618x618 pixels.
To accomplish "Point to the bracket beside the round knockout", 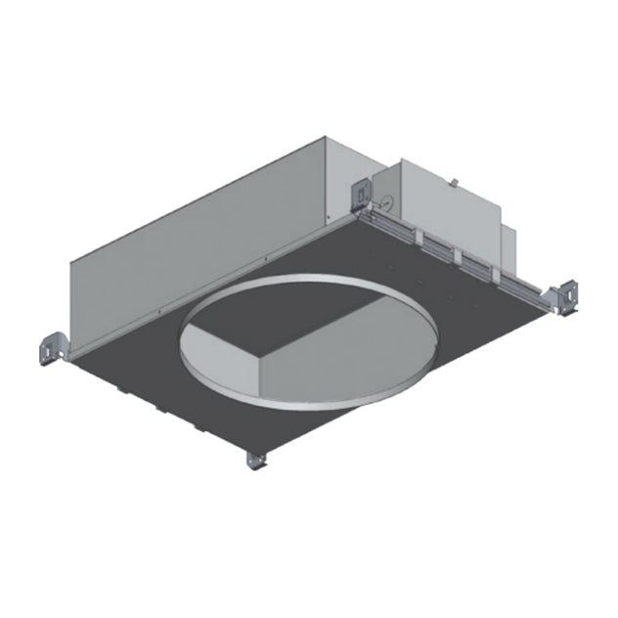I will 361,194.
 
